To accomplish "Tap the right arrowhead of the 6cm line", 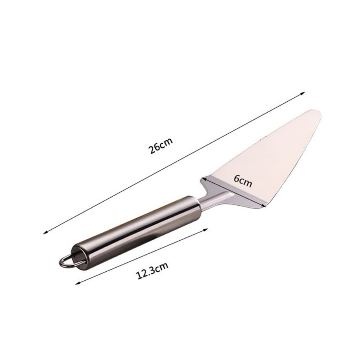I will pyautogui.click(x=264, y=206).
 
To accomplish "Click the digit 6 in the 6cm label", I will pyautogui.click(x=236, y=179).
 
